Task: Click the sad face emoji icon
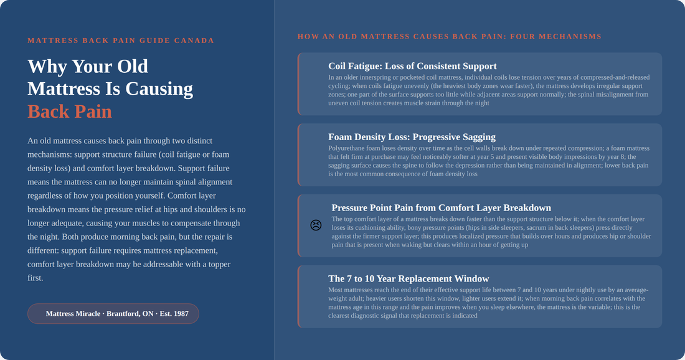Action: click(316, 225)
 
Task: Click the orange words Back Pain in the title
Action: click(70, 111)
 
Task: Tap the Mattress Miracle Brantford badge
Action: click(113, 314)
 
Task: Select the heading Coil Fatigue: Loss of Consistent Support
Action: click(412, 66)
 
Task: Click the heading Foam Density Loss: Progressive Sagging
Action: click(412, 137)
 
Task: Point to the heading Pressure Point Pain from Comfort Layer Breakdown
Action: click(442, 207)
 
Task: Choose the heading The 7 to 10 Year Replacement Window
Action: click(409, 278)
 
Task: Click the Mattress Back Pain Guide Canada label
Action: click(121, 40)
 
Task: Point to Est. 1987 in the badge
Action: click(174, 314)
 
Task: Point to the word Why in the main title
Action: click(47, 67)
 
